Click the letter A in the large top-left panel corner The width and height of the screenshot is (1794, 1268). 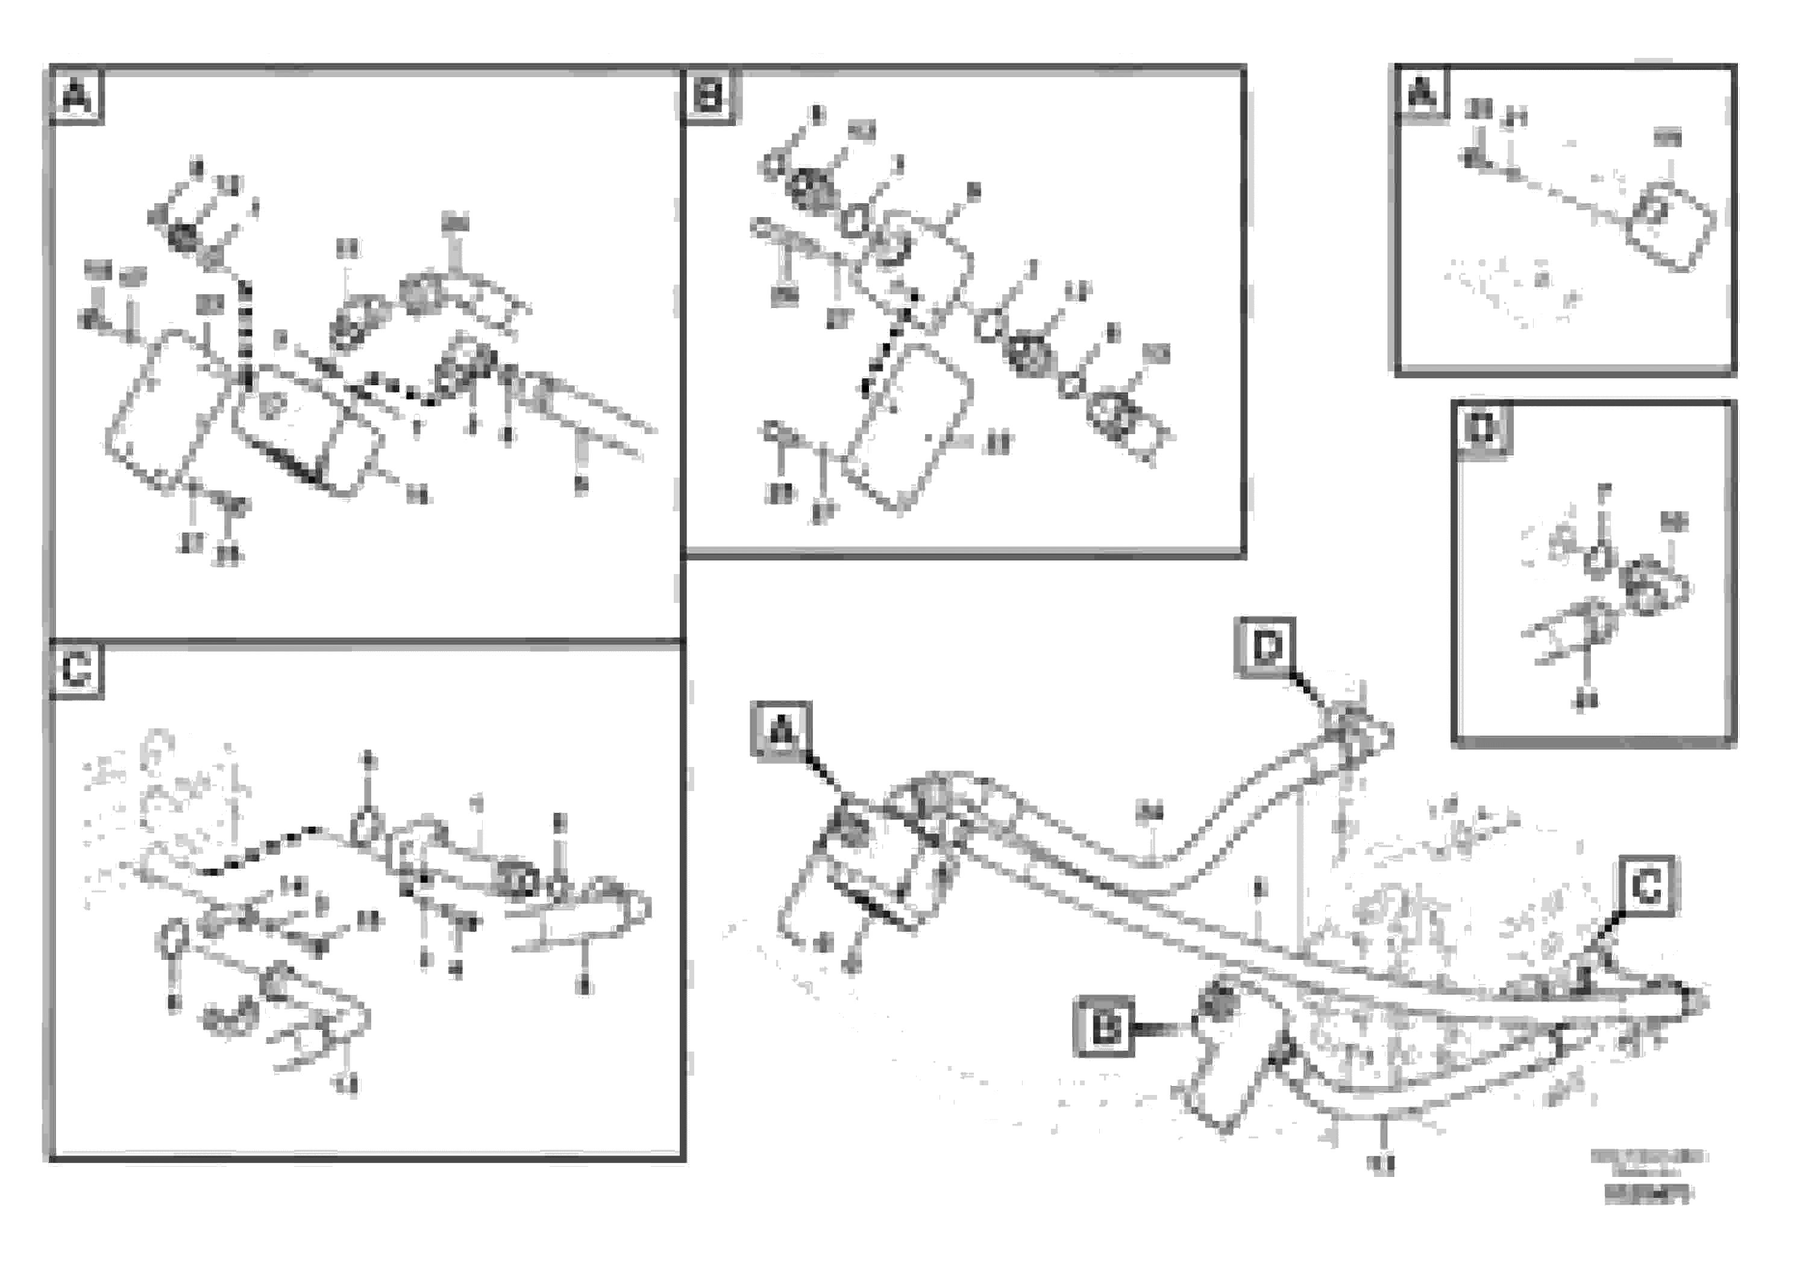pos(77,98)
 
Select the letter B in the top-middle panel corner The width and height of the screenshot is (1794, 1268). pos(709,97)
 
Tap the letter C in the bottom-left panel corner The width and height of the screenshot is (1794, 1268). pos(77,670)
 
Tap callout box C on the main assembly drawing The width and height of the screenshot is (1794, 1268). pos(1646,886)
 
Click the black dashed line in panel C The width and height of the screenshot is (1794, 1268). pos(258,852)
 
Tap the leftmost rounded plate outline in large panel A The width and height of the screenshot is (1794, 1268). pos(168,411)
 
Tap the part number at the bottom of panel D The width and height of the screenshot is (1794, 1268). pos(1585,701)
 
